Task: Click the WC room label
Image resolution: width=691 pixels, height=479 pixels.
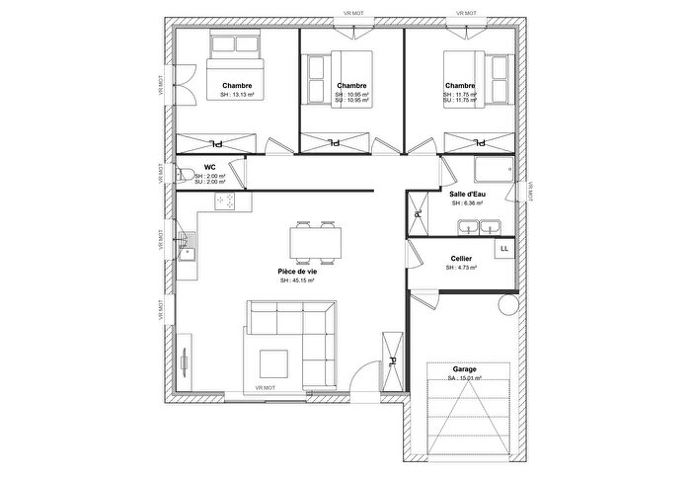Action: [209, 168]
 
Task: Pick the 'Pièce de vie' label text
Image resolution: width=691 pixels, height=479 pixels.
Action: [296, 271]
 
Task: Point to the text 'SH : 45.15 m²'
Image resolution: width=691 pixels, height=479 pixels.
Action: [296, 280]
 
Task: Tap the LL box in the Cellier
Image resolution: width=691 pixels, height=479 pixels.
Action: [503, 249]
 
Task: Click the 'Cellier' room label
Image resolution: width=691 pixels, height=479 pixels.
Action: [460, 259]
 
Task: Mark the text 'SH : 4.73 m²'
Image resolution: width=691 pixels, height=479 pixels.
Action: [460, 268]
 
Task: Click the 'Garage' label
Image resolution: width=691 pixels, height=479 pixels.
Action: [450, 368]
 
